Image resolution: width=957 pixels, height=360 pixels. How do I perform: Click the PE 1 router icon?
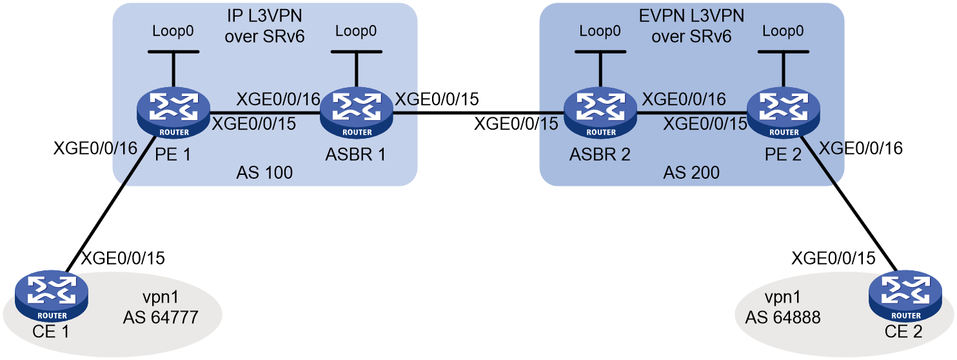pos(173,113)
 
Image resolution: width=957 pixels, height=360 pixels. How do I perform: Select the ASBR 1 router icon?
pos(357,113)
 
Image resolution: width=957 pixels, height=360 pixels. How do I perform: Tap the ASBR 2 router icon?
pos(600,113)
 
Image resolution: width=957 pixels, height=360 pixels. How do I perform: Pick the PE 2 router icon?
pos(783,113)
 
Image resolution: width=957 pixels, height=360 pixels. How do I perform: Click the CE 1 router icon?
pos(52,296)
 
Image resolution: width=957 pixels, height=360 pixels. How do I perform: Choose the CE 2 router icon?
pos(905,296)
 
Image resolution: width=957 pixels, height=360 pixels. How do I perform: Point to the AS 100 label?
pos(264,173)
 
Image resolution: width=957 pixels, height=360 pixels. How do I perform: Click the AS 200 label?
pos(691,173)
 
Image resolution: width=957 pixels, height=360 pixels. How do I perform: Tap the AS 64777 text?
pos(161,317)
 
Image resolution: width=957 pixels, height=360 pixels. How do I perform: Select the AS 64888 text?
pos(783,317)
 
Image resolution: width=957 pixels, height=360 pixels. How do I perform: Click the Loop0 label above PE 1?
pos(173,31)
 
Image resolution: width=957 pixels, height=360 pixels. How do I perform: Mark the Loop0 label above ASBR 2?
pos(600,31)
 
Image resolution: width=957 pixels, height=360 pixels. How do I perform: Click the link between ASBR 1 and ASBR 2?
pos(478,114)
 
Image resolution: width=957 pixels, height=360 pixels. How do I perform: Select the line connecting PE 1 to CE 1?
pos(110,205)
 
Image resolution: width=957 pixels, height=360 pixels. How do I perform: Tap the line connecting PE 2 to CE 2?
pos(847,203)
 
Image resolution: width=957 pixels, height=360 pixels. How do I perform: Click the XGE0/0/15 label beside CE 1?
pos(123,258)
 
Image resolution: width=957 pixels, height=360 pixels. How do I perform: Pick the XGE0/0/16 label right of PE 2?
pos(861,148)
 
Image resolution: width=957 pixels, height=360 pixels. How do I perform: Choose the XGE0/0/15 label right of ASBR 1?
pos(437,99)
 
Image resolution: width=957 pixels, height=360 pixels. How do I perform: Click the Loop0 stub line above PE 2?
pos(783,70)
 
